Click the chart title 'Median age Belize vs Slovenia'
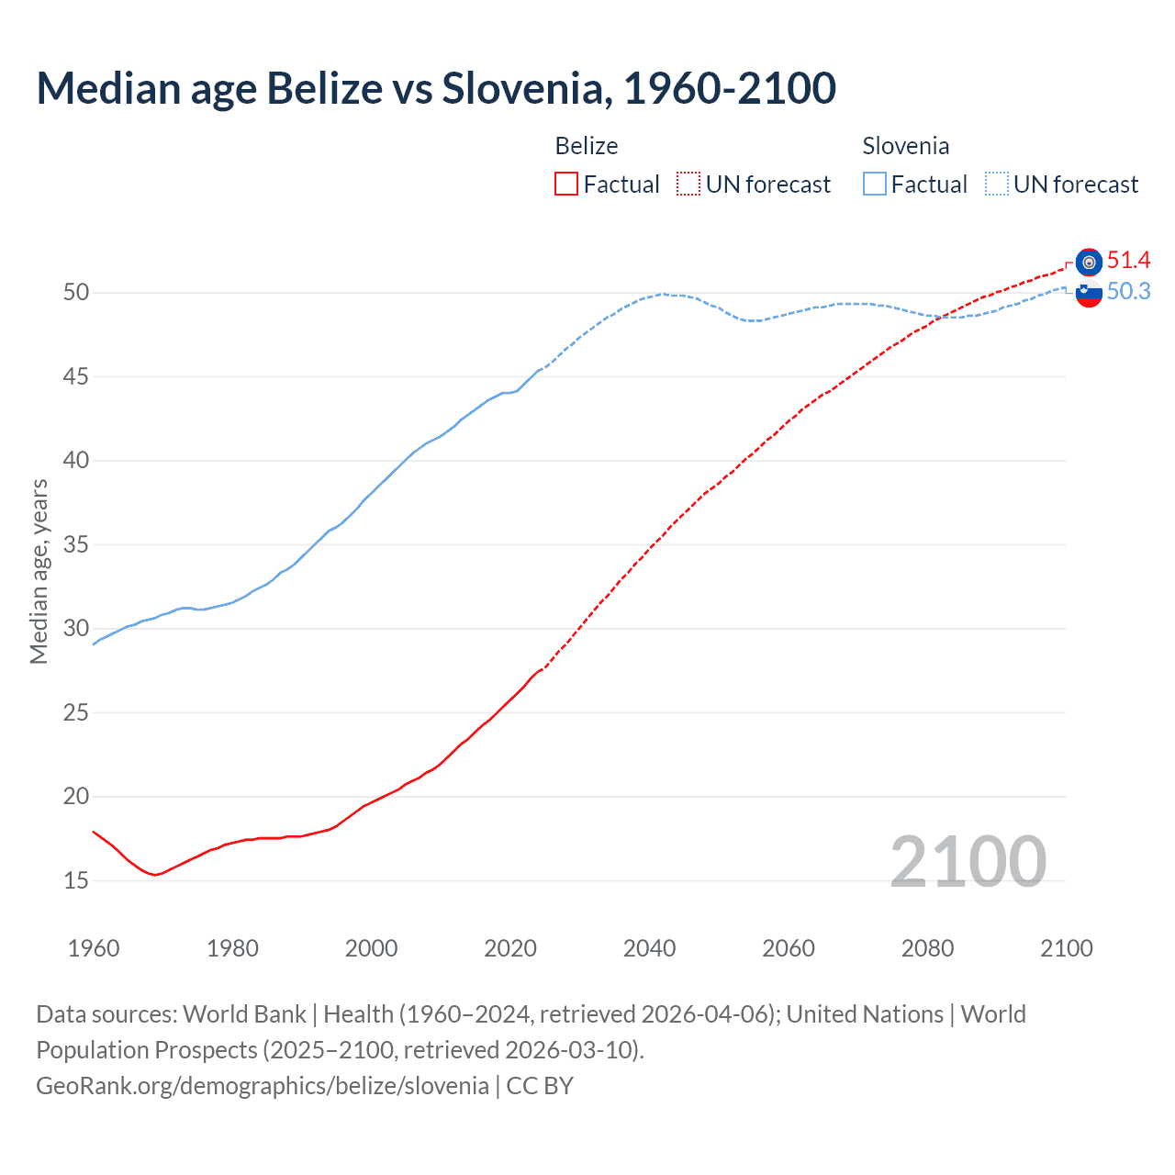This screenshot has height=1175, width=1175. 435,88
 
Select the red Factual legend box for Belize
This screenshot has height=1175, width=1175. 566,185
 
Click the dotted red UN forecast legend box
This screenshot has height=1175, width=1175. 688,185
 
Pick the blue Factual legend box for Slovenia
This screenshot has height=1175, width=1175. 875,185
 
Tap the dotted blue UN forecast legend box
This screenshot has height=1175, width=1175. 997,185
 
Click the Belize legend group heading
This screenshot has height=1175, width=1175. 587,146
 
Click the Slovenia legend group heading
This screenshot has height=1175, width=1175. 905,146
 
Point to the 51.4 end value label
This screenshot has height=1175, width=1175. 1128,261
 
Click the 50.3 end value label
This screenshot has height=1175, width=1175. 1128,292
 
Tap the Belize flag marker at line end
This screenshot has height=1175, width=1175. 1089,263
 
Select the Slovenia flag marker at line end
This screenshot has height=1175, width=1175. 1089,295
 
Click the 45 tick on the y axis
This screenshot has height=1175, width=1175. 76,376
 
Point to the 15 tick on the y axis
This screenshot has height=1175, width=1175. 76,880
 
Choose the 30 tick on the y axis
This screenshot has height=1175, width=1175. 76,629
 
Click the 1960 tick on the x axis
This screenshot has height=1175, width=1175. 94,948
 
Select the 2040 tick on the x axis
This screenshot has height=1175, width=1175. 649,948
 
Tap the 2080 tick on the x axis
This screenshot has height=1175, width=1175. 927,948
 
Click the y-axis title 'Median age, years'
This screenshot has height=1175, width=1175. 39,571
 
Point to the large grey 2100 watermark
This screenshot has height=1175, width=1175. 968,861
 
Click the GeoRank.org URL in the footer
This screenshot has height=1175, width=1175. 263,1086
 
